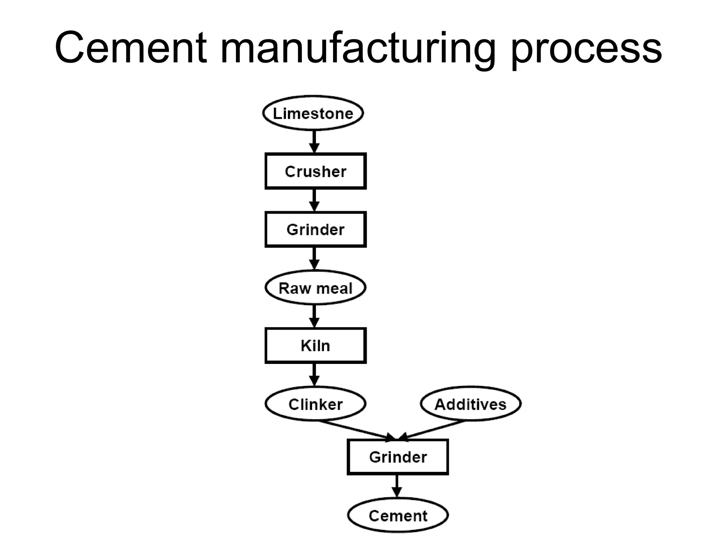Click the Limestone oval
313,113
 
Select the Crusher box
316,171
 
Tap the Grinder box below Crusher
316,229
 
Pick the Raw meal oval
316,288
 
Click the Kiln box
316,345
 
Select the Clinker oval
316,404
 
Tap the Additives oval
470,404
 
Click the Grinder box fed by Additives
398,457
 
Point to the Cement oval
398,515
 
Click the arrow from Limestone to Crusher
314,142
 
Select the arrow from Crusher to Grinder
314,200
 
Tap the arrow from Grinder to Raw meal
314,258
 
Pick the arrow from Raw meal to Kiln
314,316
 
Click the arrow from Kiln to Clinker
314,374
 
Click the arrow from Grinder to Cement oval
397,486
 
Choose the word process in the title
585,49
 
